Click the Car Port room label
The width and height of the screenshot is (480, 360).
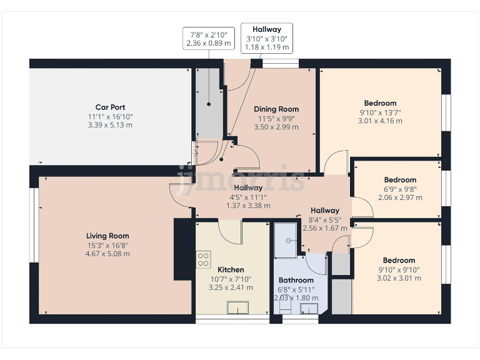[x=110, y=107]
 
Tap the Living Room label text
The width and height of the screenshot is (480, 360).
[x=107, y=236]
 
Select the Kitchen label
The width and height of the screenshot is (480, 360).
[x=231, y=270]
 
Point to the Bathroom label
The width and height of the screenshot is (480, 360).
[x=296, y=281]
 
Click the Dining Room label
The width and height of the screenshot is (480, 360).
[x=276, y=109]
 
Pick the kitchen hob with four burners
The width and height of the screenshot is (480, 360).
[x=204, y=259]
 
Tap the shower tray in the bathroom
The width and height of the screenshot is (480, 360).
[x=289, y=239]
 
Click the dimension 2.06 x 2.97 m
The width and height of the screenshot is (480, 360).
[x=400, y=197]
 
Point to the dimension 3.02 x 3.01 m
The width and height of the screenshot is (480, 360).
[x=399, y=278]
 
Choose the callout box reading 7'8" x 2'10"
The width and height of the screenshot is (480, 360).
[x=208, y=39]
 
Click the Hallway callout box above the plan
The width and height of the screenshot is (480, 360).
[x=267, y=38]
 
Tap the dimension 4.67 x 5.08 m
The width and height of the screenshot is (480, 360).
[x=108, y=254]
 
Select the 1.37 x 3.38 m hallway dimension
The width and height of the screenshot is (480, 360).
[x=248, y=205]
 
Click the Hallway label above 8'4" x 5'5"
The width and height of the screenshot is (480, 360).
[x=324, y=211]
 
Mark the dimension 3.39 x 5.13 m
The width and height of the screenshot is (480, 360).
[x=110, y=125]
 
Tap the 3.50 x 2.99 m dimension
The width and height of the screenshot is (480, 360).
[x=276, y=127]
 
